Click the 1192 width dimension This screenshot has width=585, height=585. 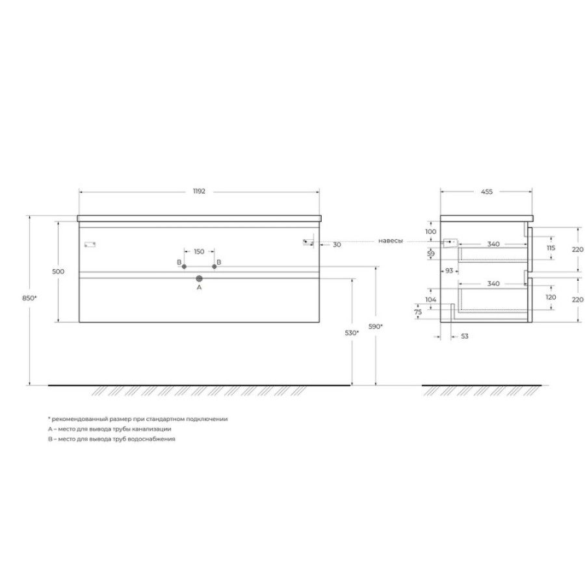(200, 191)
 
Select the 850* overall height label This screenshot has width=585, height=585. (29, 298)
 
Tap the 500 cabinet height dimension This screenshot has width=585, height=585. (58, 272)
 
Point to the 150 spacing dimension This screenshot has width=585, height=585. (200, 252)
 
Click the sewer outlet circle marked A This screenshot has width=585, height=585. (200, 278)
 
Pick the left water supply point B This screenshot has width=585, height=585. (184, 266)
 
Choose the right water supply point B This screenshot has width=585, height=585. (214, 266)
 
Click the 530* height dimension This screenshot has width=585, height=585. (352, 333)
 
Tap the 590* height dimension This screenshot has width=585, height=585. (376, 326)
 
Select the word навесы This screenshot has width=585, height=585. (391, 241)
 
